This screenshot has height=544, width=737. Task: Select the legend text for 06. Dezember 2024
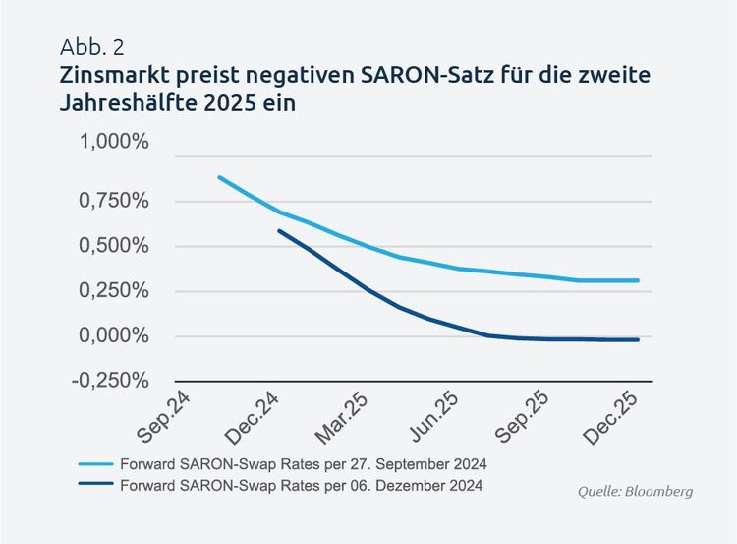coord(301,486)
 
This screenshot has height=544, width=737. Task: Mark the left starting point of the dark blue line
coord(279,231)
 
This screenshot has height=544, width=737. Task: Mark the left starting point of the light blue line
coord(218,177)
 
